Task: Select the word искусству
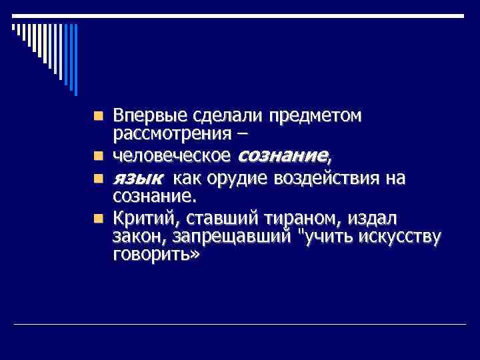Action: click(403, 237)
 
